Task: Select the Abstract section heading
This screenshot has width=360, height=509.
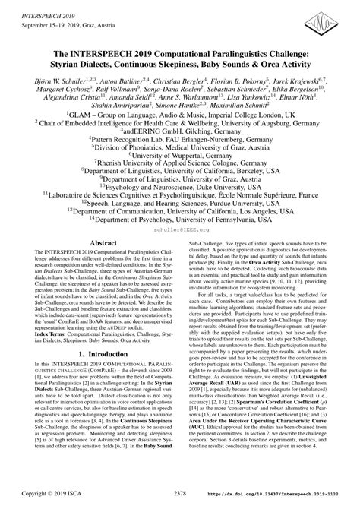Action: (104, 243)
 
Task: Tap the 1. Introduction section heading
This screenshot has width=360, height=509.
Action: (104, 354)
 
